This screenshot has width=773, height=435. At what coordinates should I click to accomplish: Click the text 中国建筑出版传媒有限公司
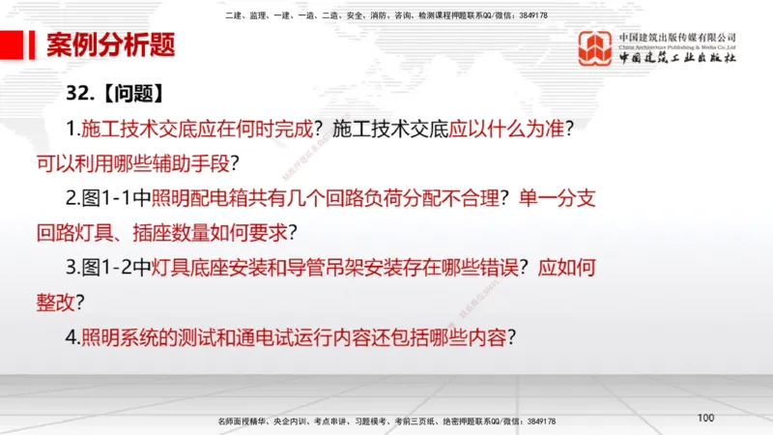point(676,37)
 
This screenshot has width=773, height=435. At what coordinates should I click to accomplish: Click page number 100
point(704,418)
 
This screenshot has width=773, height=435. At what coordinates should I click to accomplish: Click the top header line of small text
point(386,15)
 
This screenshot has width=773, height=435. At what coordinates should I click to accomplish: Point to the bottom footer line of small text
point(386,422)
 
